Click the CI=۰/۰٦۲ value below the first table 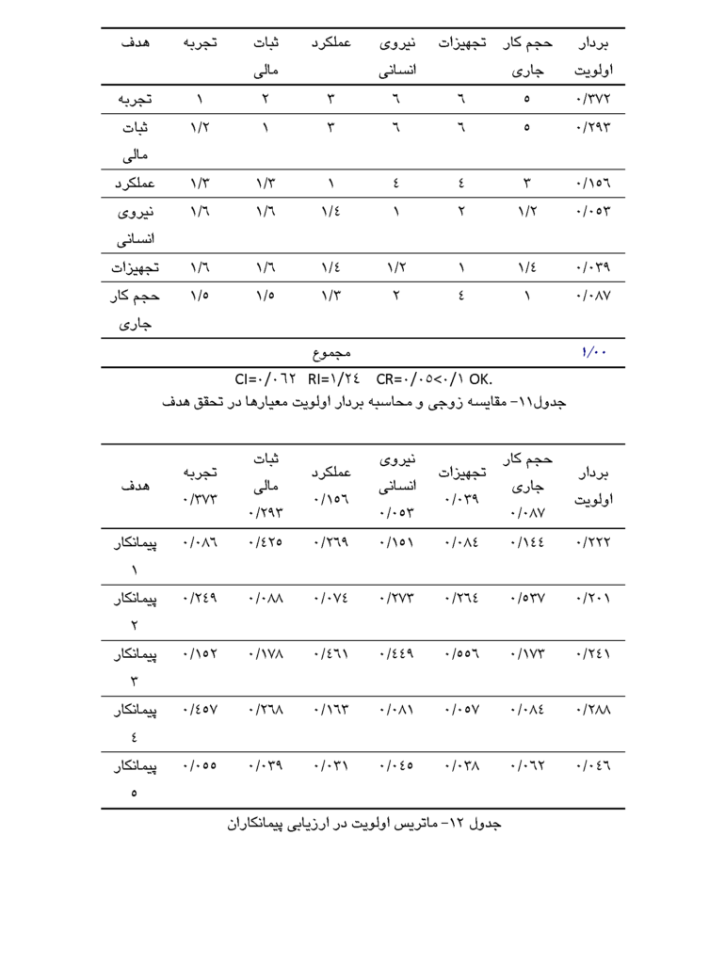pyautogui.click(x=266, y=380)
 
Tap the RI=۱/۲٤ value pyautogui.click(x=333, y=380)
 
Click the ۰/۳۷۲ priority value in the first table pyautogui.click(x=592, y=98)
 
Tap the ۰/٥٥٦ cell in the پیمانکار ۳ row pyautogui.click(x=460, y=658)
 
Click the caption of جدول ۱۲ pyautogui.click(x=364, y=824)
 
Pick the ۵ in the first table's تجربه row pyautogui.click(x=526, y=98)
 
